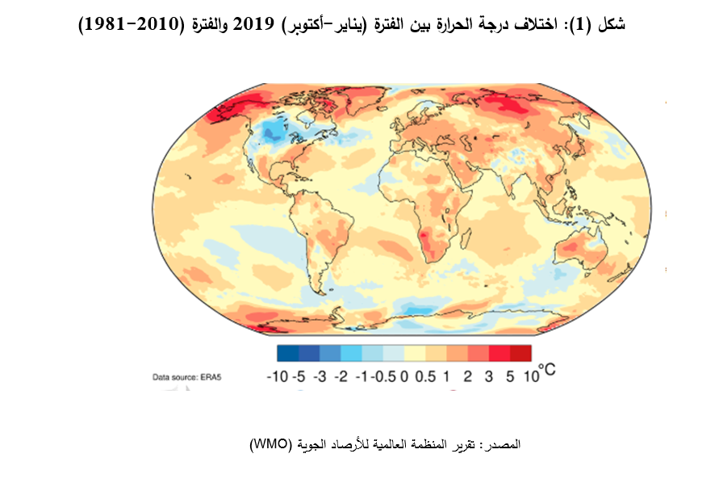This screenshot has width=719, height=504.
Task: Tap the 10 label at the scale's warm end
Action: pyautogui.click(x=530, y=376)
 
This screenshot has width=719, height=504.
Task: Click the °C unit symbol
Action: pyautogui.click(x=548, y=371)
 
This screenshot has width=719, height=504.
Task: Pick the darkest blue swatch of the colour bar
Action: pyautogui.click(x=287, y=353)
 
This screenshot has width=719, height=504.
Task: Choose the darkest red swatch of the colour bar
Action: pyautogui.click(x=521, y=353)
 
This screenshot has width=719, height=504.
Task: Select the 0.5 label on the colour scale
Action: pyautogui.click(x=430, y=376)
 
